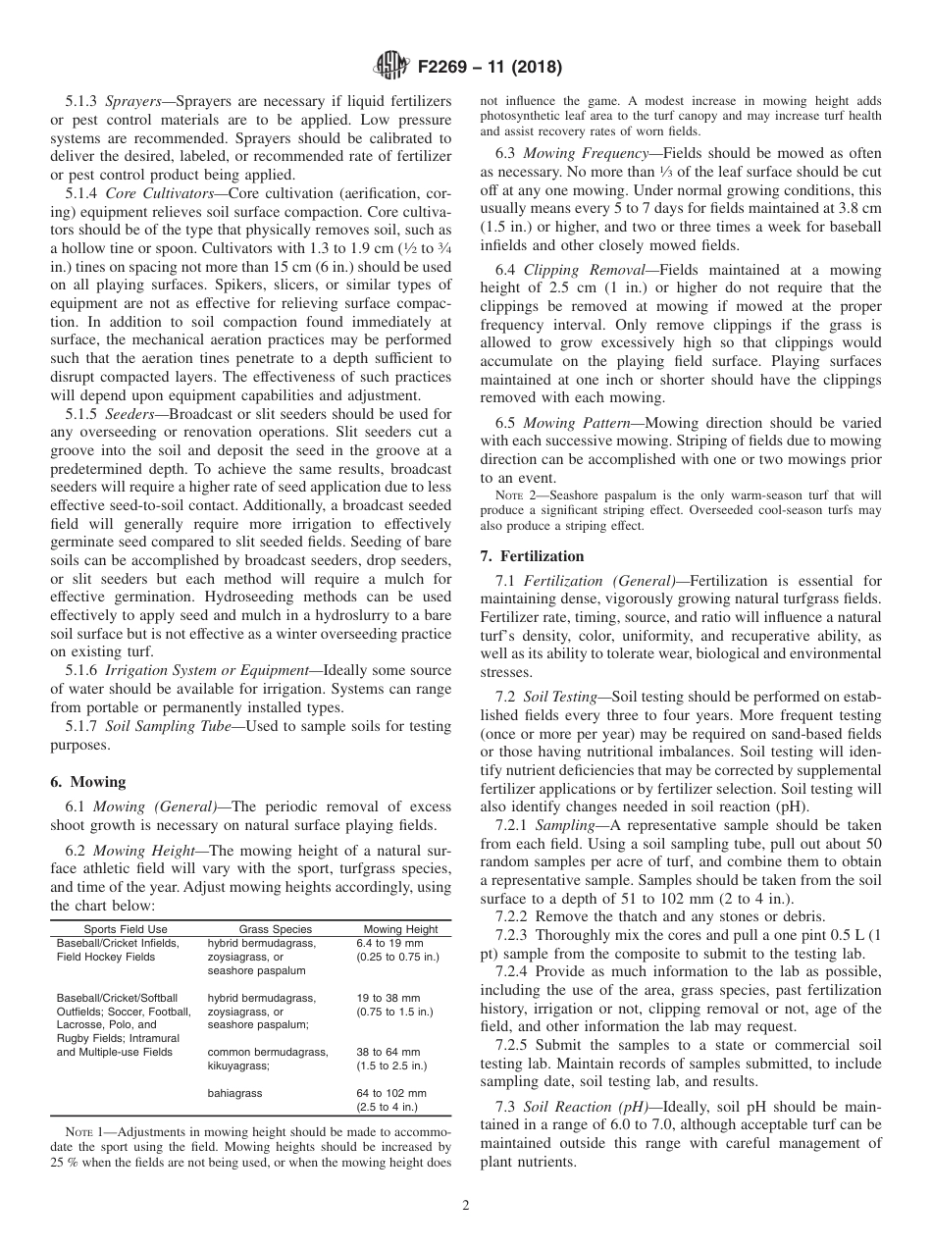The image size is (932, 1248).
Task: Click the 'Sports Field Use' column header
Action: (126, 929)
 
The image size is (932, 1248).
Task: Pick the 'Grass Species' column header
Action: (276, 929)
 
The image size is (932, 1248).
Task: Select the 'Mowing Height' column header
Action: (400, 929)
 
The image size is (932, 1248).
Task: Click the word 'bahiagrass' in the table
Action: (234, 1092)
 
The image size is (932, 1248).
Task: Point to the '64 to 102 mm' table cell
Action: (391, 1092)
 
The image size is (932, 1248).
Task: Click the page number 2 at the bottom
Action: (466, 1206)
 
